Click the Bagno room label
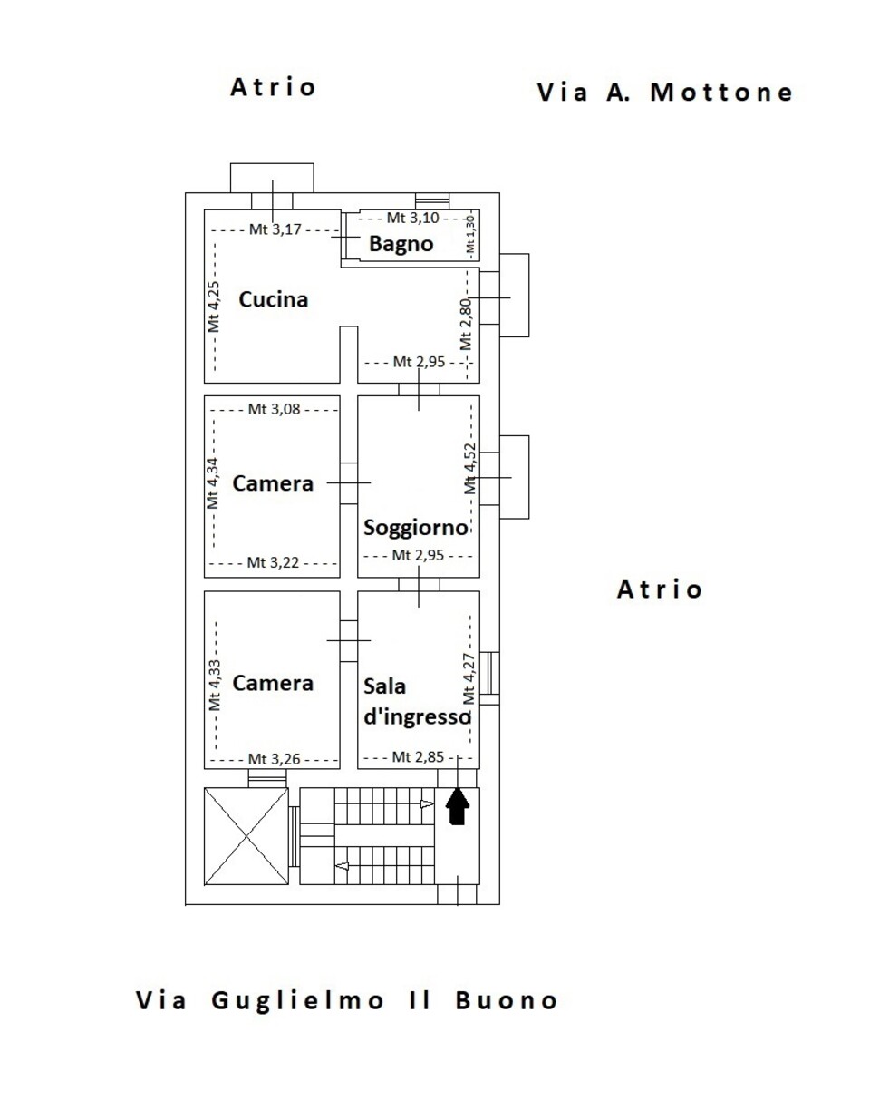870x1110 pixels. tap(401, 244)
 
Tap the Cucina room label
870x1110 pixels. tap(274, 299)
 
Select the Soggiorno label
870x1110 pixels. tap(415, 528)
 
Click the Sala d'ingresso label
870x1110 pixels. tap(417, 702)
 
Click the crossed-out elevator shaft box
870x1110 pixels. tap(246, 836)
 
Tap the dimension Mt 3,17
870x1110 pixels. tap(275, 229)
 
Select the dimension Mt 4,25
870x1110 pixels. tap(214, 307)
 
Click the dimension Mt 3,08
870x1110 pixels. tap(274, 409)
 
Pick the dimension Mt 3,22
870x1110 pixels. tap(273, 563)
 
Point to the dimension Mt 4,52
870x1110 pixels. tap(469, 469)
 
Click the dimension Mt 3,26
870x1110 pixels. tap(274, 760)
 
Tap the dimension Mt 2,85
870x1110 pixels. tap(418, 757)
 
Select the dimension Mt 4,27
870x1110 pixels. tap(469, 679)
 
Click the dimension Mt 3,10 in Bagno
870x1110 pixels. tap(413, 219)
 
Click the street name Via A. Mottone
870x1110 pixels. tap(665, 92)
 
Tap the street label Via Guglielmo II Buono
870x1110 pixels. tap(346, 1000)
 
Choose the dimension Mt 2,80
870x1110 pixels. tap(466, 325)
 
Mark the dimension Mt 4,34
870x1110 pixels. tap(213, 483)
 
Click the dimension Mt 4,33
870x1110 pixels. tap(214, 685)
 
